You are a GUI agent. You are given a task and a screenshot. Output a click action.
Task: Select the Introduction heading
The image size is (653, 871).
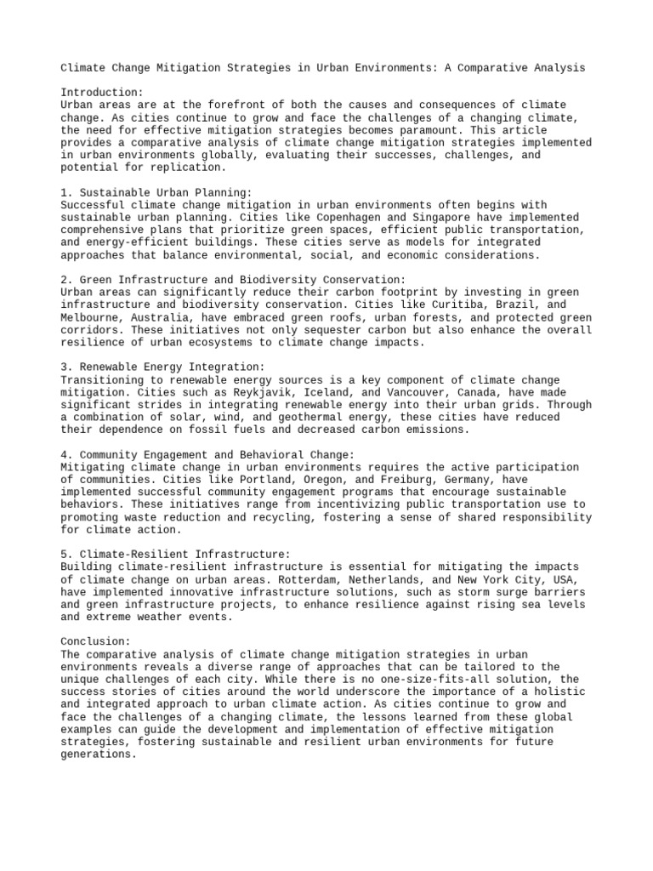tap(102, 92)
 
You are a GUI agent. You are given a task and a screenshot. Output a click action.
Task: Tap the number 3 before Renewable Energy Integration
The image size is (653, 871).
tap(65, 366)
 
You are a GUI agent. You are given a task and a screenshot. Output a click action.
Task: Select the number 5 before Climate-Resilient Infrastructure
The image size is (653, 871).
tap(65, 554)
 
